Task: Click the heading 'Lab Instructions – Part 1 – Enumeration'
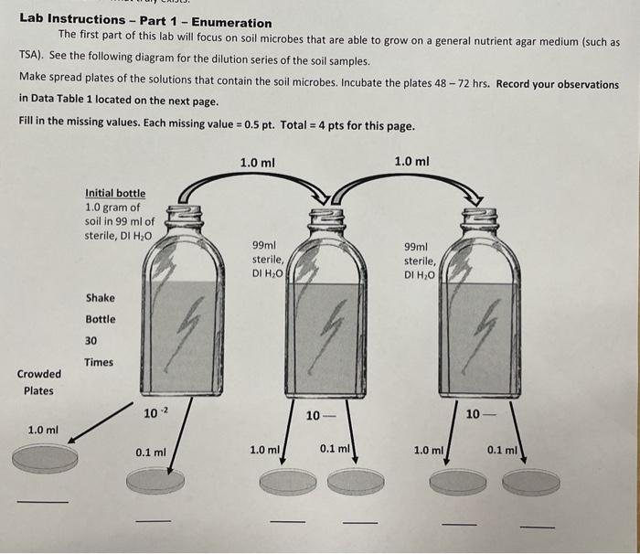(x=145, y=22)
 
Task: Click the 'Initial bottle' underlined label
(x=114, y=193)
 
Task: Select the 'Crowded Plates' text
(x=38, y=382)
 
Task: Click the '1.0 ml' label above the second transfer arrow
(x=411, y=162)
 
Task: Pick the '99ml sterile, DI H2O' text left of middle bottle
(x=269, y=259)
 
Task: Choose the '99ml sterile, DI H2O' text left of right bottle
(x=422, y=260)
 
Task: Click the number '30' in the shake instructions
(x=91, y=340)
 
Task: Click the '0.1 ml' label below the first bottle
(x=150, y=452)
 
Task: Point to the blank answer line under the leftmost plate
(x=42, y=501)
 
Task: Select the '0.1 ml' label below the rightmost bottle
(x=502, y=450)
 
